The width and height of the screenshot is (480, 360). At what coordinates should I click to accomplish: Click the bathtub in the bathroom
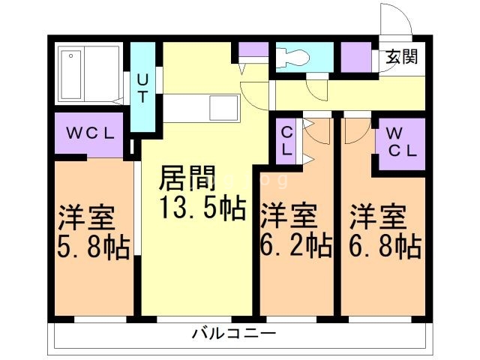[x=90, y=72]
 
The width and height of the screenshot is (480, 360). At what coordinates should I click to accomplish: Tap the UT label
[x=142, y=88]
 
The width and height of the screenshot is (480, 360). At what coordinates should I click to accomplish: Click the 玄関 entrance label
[x=402, y=56]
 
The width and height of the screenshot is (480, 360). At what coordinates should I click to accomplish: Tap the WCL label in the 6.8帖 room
[x=401, y=142]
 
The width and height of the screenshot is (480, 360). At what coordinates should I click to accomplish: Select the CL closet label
[x=286, y=141]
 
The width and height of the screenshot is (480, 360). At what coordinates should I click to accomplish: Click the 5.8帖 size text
[x=93, y=247]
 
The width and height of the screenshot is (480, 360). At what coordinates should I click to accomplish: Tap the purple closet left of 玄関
[x=355, y=58]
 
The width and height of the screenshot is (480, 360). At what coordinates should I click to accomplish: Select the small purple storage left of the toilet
[x=253, y=52]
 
